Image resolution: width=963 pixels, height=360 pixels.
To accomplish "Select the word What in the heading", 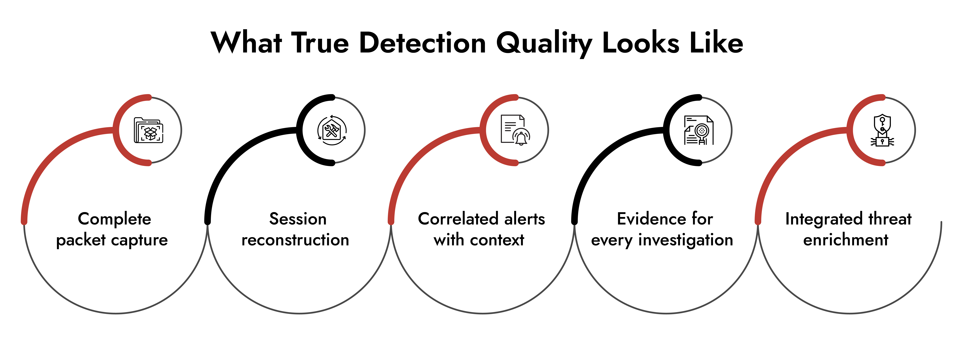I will pos(246,43).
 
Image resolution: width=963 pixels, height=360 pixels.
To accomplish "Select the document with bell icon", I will pos(515,130).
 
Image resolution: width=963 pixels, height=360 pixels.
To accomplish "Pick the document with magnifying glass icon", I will pos(698,130).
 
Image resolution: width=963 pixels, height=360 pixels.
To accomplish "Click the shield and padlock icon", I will pos(882,130).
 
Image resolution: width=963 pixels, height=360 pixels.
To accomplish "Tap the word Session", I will pos(298,219).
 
